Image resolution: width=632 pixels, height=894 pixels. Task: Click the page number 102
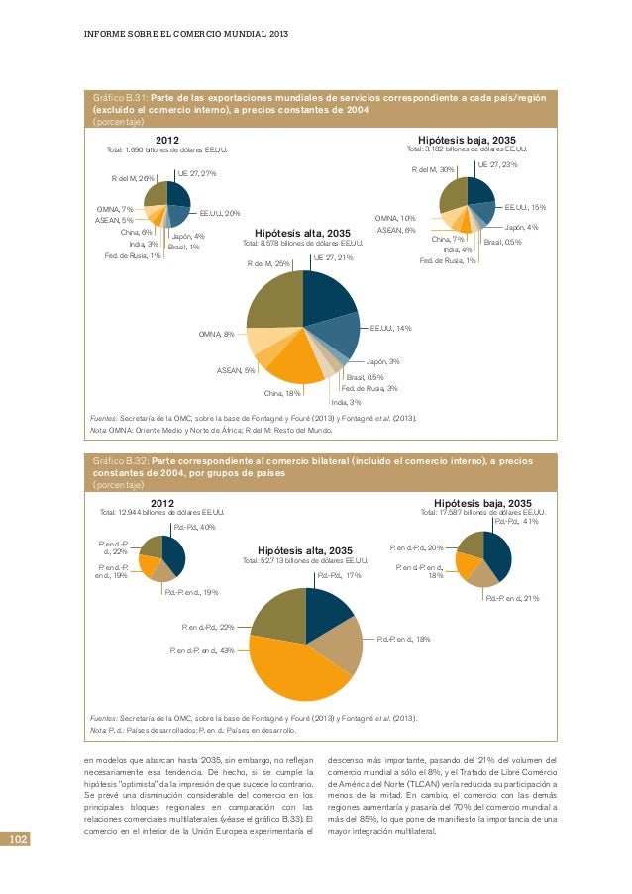tap(18, 841)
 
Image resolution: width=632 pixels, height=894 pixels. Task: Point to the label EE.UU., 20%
tap(220, 213)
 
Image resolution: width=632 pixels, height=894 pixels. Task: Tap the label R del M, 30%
tap(432, 169)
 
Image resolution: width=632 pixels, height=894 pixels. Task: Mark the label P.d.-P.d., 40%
tap(194, 527)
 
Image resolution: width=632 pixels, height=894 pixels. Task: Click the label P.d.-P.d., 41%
tap(516, 521)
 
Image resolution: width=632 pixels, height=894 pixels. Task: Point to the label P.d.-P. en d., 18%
tap(403, 641)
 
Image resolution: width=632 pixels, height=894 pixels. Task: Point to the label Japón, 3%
tap(383, 362)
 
